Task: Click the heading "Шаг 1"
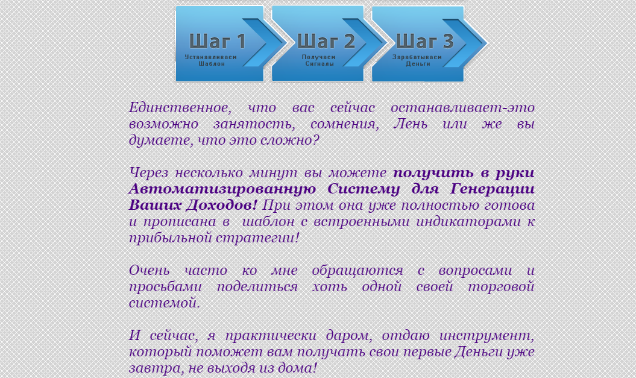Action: (x=218, y=41)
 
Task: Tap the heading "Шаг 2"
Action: (x=326, y=41)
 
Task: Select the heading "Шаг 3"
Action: (x=424, y=41)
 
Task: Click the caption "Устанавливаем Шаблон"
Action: (x=211, y=60)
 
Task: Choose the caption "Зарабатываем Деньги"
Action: (x=417, y=60)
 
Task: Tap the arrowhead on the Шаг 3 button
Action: (x=474, y=42)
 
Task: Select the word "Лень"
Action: (x=412, y=125)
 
